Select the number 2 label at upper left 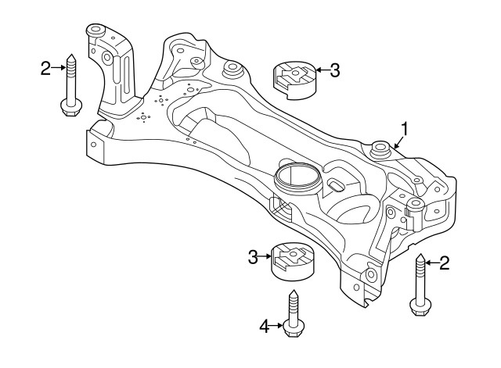click(x=45, y=69)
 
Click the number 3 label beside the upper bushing click(x=334, y=71)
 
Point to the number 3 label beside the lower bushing click(x=252, y=256)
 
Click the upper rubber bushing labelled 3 click(x=291, y=80)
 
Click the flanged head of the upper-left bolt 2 click(x=67, y=106)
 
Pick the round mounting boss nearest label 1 click(x=381, y=148)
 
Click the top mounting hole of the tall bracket click(x=96, y=32)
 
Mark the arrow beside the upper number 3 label click(x=320, y=71)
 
